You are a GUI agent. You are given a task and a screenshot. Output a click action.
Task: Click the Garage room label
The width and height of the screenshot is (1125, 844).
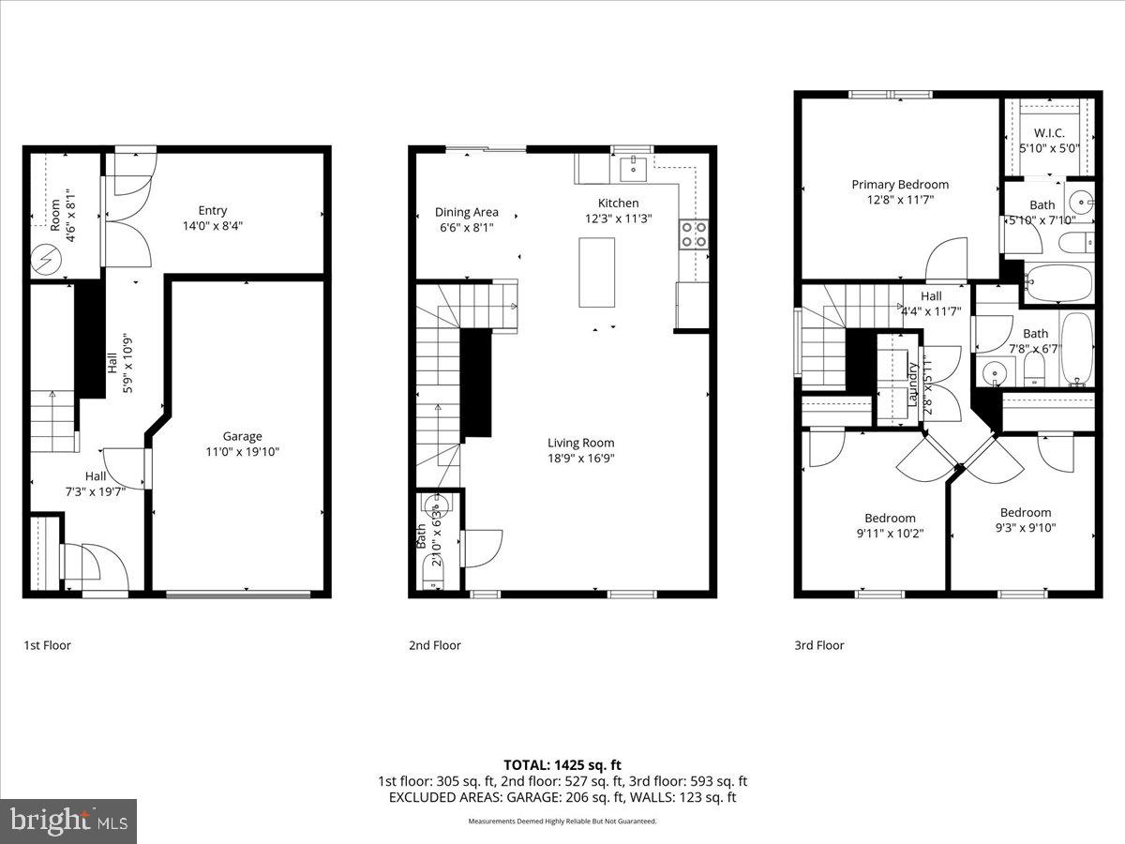[242, 436]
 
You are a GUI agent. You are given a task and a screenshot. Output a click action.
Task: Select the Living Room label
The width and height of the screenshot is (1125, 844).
[581, 443]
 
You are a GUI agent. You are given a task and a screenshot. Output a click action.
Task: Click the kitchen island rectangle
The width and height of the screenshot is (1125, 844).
[596, 272]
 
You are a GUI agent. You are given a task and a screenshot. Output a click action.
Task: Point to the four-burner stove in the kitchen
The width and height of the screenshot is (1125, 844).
[695, 234]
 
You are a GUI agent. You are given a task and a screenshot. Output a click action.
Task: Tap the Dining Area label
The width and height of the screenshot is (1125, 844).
[467, 212]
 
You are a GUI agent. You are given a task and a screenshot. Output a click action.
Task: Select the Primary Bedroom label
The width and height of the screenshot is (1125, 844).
[900, 185]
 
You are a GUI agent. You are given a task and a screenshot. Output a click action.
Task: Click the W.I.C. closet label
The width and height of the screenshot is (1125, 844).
[1049, 133]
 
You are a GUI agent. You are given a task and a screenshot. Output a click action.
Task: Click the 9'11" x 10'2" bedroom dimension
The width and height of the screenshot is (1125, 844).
[890, 533]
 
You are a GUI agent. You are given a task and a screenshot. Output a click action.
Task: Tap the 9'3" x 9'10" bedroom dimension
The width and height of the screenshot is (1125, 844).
[1025, 527]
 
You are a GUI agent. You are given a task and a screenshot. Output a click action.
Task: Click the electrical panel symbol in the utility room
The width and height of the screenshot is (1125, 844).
[43, 256]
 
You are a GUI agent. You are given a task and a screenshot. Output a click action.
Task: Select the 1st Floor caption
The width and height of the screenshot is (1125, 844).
[47, 645]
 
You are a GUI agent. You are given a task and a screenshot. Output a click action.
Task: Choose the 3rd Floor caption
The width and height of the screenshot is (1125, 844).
[819, 645]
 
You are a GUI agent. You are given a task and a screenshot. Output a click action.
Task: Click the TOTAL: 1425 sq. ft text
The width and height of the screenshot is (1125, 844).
[562, 765]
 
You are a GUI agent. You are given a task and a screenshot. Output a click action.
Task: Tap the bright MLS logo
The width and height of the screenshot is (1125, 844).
[68, 821]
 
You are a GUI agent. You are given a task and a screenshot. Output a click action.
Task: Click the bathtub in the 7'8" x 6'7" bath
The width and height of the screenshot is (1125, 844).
[1077, 349]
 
